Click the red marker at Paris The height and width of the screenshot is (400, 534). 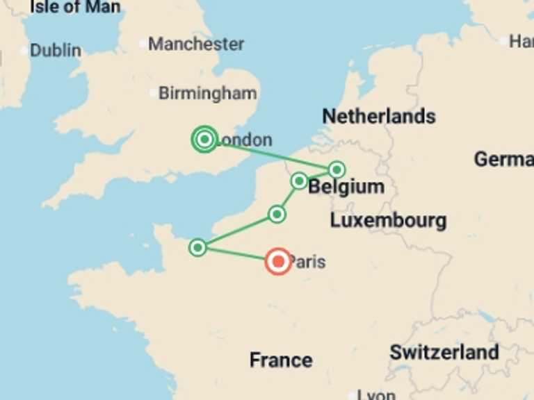point(279,262)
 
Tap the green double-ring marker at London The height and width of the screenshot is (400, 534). point(204,140)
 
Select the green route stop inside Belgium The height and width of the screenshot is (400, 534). point(337,169)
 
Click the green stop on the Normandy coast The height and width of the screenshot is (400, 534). point(198,247)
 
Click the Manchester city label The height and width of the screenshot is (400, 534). point(196,44)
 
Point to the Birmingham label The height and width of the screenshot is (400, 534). point(207,93)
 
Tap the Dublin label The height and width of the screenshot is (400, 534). point(56,50)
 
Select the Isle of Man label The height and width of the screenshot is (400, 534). point(75,8)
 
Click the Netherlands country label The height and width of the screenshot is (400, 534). point(379,116)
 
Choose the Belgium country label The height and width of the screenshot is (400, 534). point(346,187)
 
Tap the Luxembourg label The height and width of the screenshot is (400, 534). point(388,222)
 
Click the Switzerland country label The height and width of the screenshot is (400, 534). point(444,352)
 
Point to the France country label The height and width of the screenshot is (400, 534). point(281,360)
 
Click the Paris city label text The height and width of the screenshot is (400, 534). point(308,262)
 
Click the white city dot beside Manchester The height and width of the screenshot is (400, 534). point(143,44)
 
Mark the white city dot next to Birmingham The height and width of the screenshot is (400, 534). point(154,92)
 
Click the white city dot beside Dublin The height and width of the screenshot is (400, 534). point(25,51)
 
